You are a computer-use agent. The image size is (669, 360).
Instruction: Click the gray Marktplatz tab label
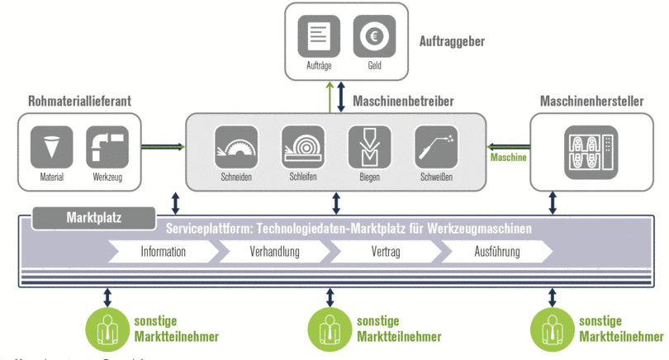(x=93, y=219)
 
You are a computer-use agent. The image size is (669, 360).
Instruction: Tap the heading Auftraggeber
(x=452, y=40)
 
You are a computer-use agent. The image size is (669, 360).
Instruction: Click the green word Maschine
(x=508, y=157)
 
